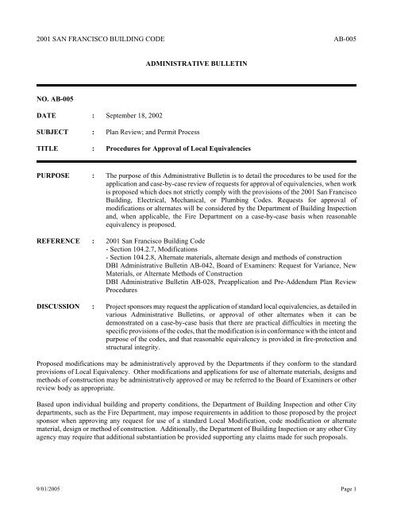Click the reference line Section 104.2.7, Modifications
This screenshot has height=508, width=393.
pyautogui.click(x=166, y=251)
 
